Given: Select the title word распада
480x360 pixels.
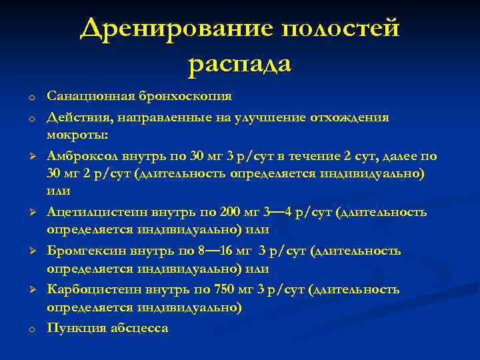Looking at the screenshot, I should point(240,64).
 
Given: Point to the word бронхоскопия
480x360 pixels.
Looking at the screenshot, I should point(185,96).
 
